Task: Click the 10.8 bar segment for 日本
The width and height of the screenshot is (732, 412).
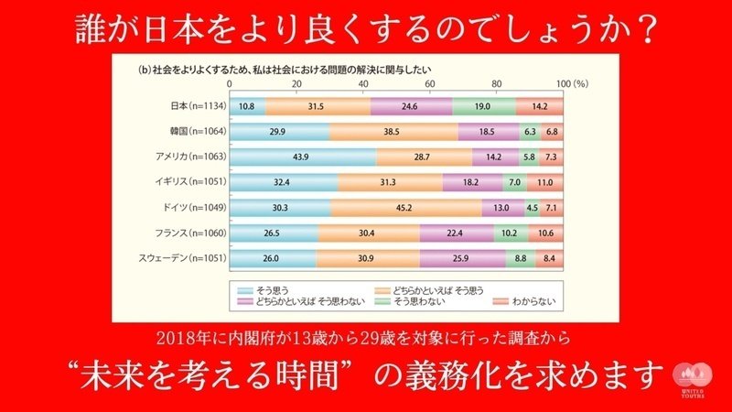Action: click(247, 105)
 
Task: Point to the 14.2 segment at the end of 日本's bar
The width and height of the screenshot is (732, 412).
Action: click(540, 105)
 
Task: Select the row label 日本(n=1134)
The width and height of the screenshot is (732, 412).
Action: click(188, 105)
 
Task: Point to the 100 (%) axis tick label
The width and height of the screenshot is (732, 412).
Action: click(570, 84)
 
